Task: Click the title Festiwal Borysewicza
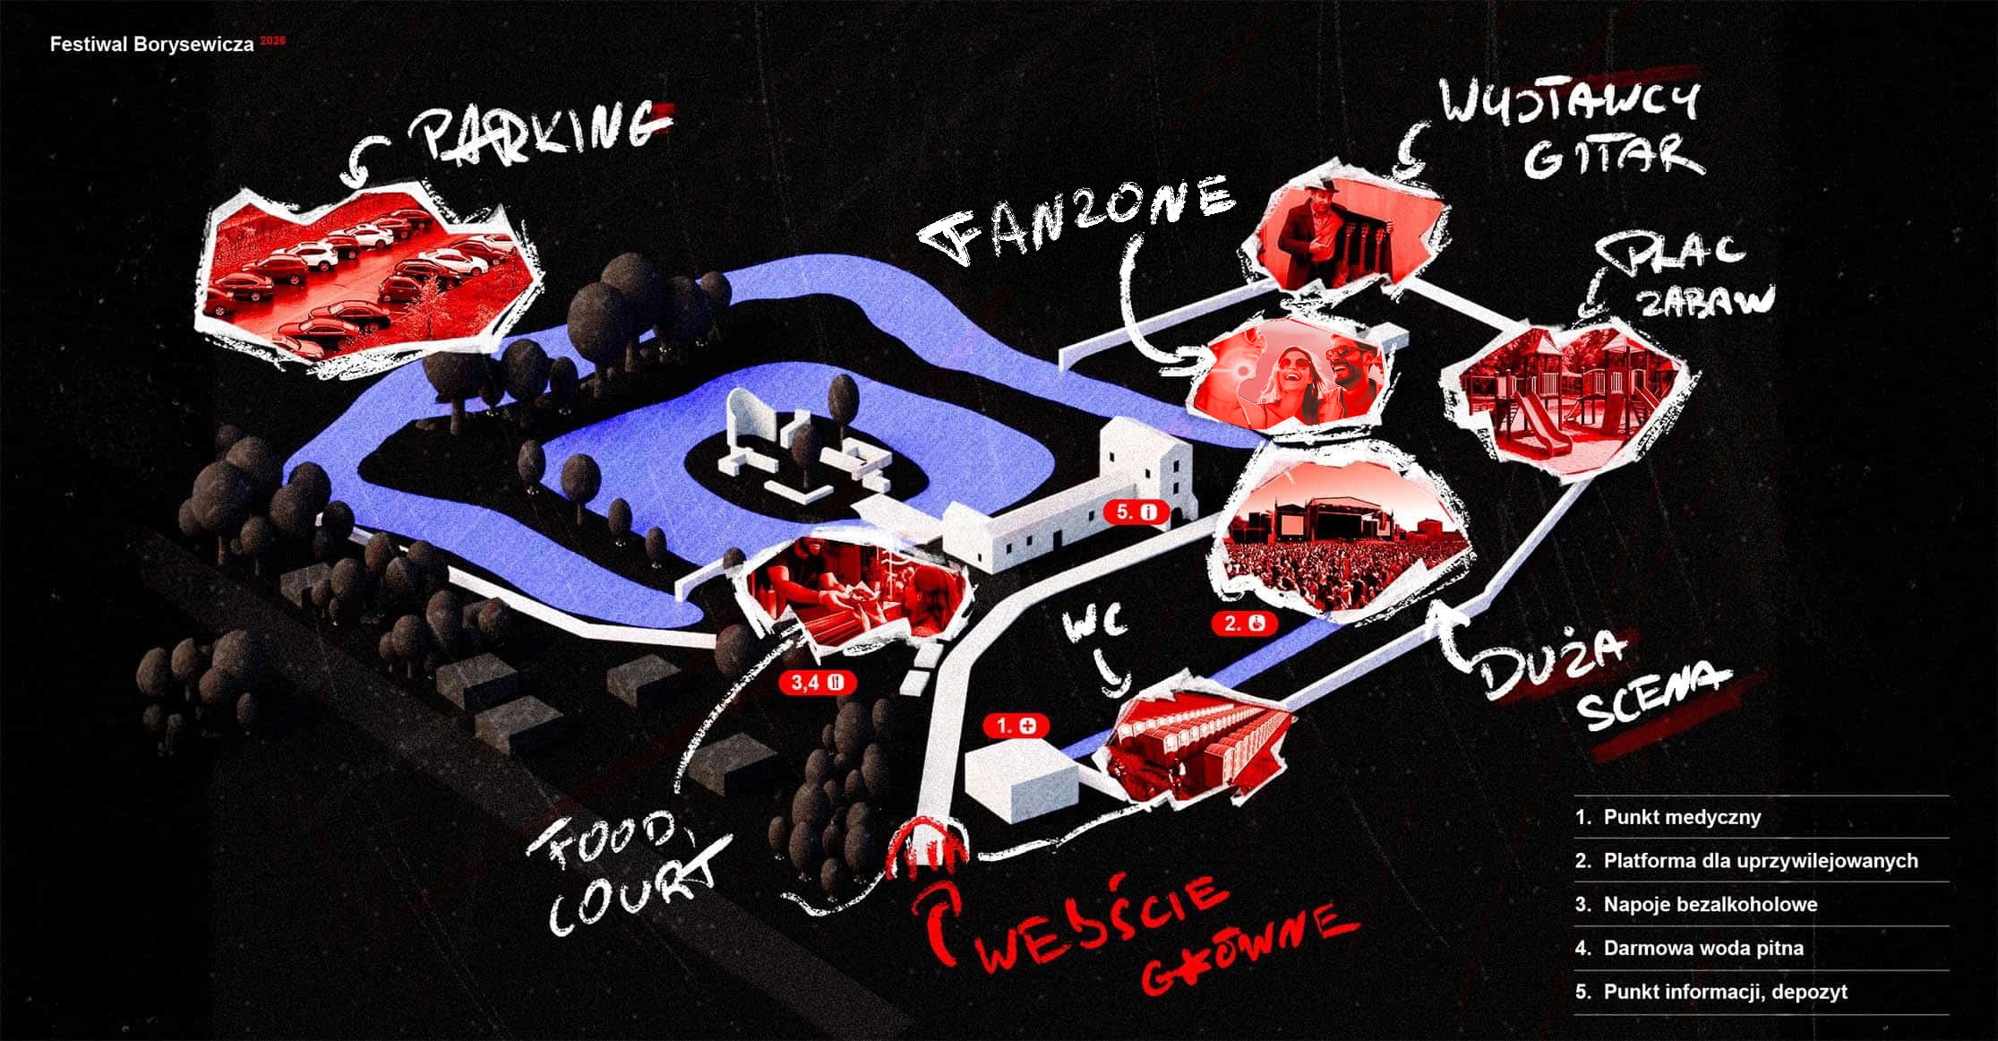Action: click(152, 45)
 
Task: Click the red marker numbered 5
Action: click(1136, 512)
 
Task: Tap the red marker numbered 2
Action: click(1244, 623)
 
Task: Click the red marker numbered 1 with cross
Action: click(1016, 725)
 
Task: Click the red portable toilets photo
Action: click(1196, 744)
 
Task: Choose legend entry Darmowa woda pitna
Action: click(1702, 948)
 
